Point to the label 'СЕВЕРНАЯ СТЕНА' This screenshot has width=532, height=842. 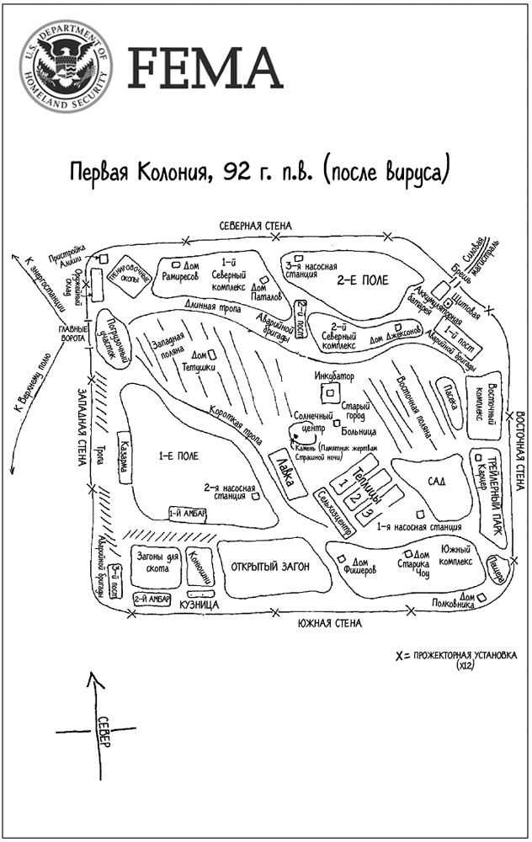click(255, 226)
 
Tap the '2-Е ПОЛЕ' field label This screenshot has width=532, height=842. click(363, 279)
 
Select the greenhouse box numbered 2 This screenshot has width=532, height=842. click(355, 494)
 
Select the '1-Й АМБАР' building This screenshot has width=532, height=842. click(188, 512)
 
